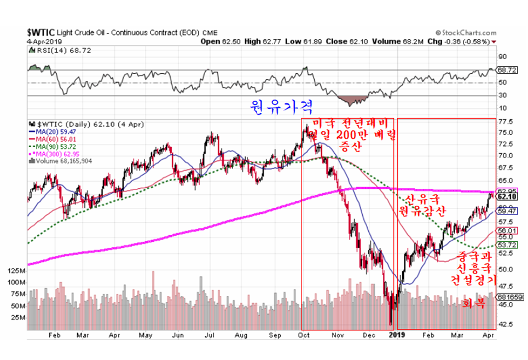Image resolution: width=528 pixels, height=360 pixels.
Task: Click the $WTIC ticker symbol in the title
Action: pos(42,33)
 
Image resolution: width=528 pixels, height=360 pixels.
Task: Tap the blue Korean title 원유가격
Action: pos(272,105)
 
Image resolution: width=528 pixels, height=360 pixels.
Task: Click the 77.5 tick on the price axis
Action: pos(506,122)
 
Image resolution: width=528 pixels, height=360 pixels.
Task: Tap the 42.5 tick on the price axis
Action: pos(506,324)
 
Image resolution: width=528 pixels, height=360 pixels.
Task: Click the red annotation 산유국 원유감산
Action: pos(426,204)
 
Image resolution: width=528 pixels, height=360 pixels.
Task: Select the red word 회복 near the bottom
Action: pos(473,303)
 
